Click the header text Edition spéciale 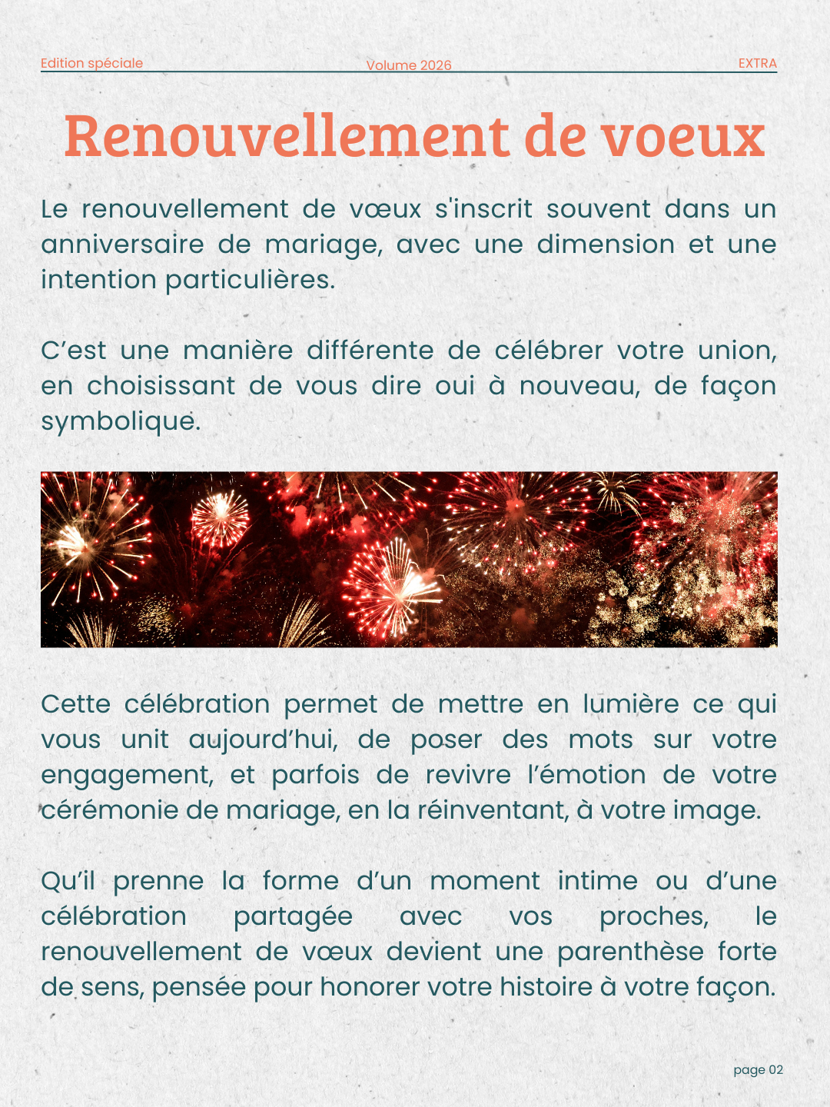click(x=91, y=63)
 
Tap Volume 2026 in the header click(x=409, y=65)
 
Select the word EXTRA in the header click(x=757, y=63)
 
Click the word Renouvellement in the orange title click(x=287, y=135)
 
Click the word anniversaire click(x=122, y=244)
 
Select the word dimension click(x=605, y=244)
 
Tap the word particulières click(x=250, y=280)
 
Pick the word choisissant click(x=161, y=386)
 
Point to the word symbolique click(x=120, y=421)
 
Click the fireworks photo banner click(x=409, y=559)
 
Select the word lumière click(x=631, y=704)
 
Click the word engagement click(x=126, y=775)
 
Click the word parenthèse click(x=630, y=952)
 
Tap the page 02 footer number click(x=758, y=1069)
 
